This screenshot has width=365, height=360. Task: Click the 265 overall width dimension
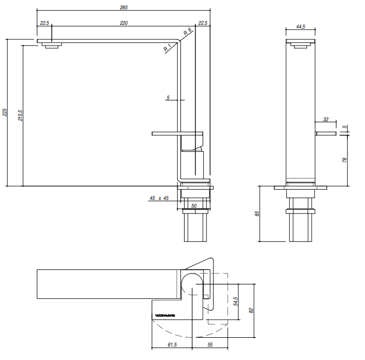tap(123, 8)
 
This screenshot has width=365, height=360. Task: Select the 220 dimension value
tap(123, 23)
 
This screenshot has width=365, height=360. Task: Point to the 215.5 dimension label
tap(20, 115)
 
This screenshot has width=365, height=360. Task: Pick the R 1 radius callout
tap(167, 48)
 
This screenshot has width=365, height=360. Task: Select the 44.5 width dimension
tap(300, 26)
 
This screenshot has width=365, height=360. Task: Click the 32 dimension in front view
tap(326, 119)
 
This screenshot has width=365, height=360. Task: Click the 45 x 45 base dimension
tap(159, 198)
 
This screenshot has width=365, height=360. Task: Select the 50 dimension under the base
tap(193, 206)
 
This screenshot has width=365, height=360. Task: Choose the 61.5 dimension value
tap(172, 344)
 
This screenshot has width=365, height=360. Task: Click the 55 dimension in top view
tap(210, 344)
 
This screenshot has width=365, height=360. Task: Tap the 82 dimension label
tap(251, 311)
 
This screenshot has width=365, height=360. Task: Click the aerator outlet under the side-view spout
tap(51, 46)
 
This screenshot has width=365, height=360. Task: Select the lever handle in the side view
tap(176, 134)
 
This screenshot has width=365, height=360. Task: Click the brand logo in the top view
tap(165, 315)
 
